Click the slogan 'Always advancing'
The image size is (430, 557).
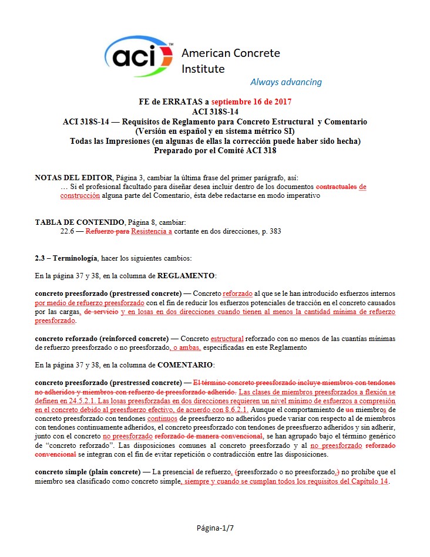[x=285, y=82]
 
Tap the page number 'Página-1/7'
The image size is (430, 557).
[x=215, y=528]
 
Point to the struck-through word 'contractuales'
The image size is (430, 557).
[x=337, y=187]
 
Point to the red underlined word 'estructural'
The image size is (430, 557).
[x=226, y=339]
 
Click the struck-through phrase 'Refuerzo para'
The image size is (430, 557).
[x=107, y=231]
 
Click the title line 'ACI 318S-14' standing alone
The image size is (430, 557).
[x=215, y=112]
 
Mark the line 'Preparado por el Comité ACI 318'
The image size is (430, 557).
[x=215, y=150]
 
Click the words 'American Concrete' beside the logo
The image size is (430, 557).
[x=230, y=53]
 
